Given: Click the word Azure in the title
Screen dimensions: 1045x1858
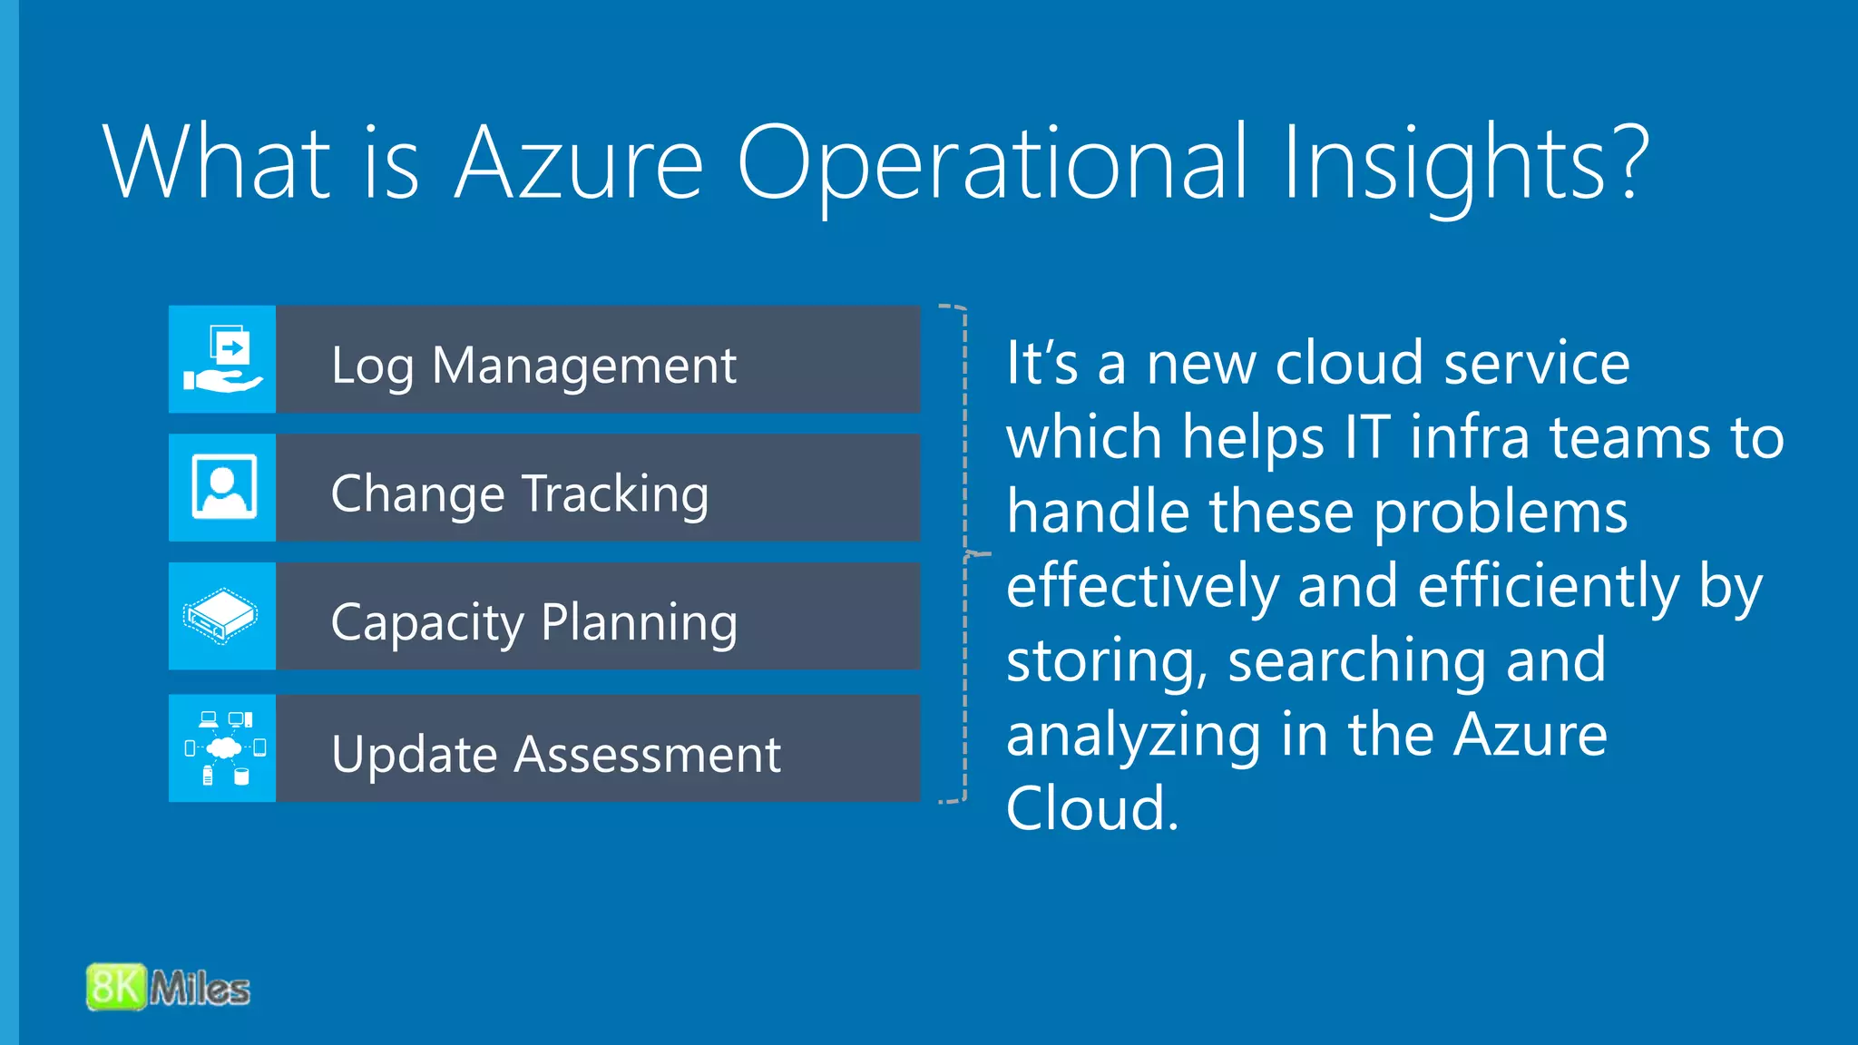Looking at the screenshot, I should click(579, 163).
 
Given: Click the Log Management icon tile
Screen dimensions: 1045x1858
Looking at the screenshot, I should click(222, 359).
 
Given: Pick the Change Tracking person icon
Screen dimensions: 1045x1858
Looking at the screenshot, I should click(223, 488).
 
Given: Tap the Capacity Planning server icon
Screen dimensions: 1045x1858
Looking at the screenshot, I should click(221, 617).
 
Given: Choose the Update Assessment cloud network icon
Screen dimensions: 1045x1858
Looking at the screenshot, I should click(223, 748).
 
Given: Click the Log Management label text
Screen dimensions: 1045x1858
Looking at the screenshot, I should click(533, 366).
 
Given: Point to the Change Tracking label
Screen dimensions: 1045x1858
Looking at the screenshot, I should click(519, 494).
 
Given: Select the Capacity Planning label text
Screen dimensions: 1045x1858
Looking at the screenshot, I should click(533, 623).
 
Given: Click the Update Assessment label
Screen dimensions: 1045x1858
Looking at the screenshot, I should click(555, 754).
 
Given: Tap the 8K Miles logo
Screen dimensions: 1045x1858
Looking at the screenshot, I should click(169, 987).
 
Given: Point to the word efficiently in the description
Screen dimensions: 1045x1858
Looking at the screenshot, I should click(1549, 586).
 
